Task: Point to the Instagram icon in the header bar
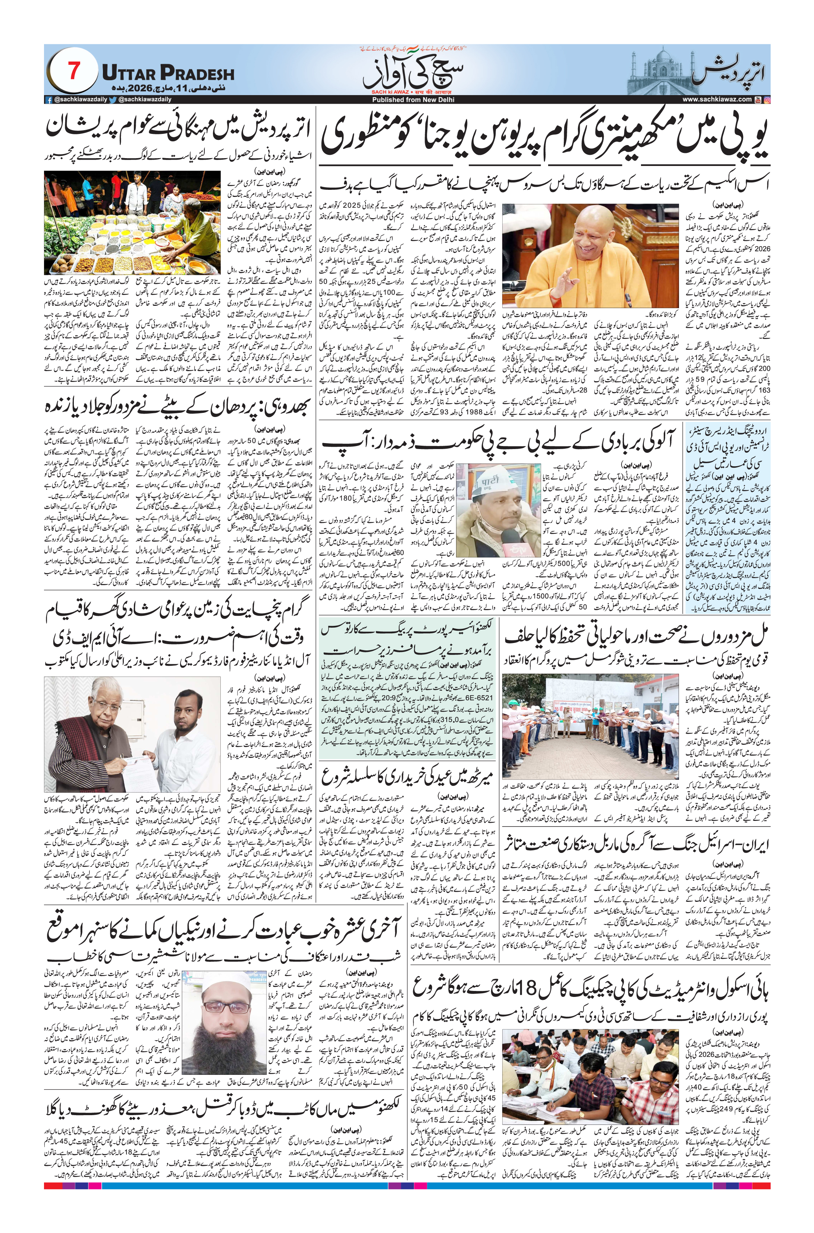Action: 767,100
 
